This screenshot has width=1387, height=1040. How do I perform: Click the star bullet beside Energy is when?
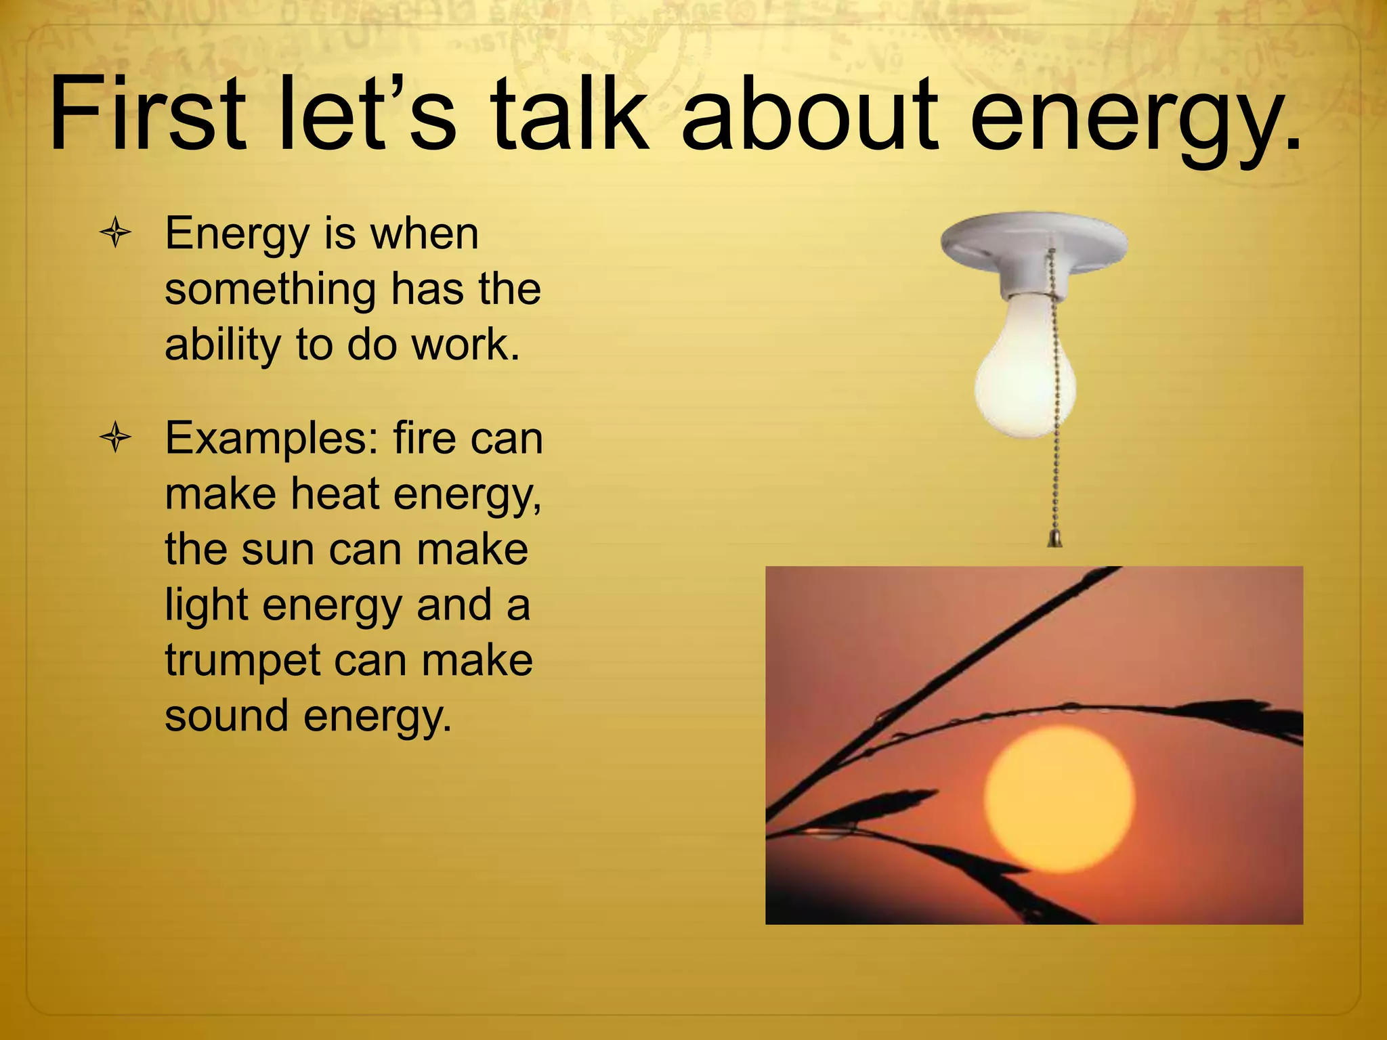[115, 234]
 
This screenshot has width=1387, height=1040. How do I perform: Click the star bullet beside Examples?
[115, 439]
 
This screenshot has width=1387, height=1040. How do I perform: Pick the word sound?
[226, 716]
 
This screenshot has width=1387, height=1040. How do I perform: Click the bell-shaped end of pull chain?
[1054, 539]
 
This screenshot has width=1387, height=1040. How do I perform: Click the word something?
[270, 290]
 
